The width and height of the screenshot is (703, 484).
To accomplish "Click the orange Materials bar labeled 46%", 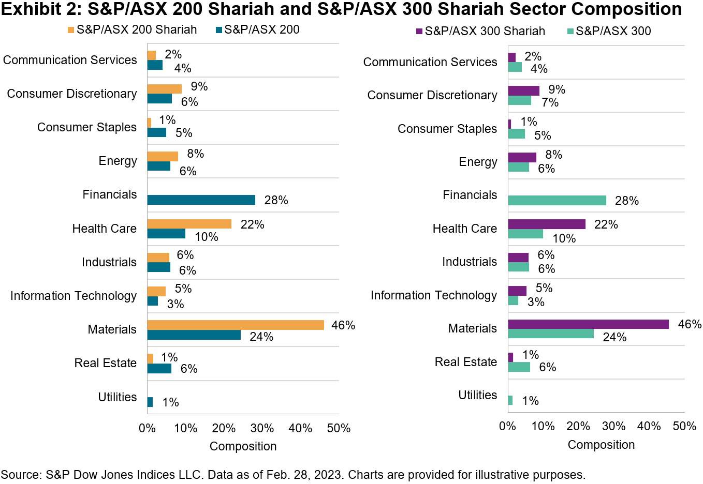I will [x=236, y=325].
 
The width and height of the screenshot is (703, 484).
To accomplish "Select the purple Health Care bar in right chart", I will [x=547, y=224].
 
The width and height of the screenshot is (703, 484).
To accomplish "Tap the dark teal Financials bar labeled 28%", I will [x=201, y=200].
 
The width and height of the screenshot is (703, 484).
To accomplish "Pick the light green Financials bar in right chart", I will [x=557, y=201].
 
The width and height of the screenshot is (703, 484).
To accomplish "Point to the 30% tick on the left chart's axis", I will [x=262, y=428].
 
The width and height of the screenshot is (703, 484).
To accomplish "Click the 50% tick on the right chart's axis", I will [x=684, y=426].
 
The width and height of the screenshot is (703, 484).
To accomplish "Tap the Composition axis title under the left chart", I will [x=243, y=446].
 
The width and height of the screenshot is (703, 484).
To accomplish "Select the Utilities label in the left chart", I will [x=118, y=397].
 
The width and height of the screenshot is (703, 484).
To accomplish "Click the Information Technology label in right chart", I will [x=434, y=295].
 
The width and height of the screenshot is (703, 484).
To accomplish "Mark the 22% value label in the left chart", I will [x=252, y=224].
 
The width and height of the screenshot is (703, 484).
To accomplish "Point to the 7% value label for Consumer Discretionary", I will [x=550, y=102].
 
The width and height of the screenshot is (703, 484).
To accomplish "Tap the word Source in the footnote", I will [x=19, y=475].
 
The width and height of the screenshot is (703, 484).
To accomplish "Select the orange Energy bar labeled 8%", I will [x=163, y=156].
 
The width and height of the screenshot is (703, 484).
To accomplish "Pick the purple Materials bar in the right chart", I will [x=588, y=324].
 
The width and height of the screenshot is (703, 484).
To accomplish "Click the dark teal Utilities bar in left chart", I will [x=150, y=402].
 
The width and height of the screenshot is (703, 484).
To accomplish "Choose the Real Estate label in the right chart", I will [x=466, y=362].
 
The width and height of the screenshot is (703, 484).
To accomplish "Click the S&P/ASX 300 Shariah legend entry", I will [x=485, y=31].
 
